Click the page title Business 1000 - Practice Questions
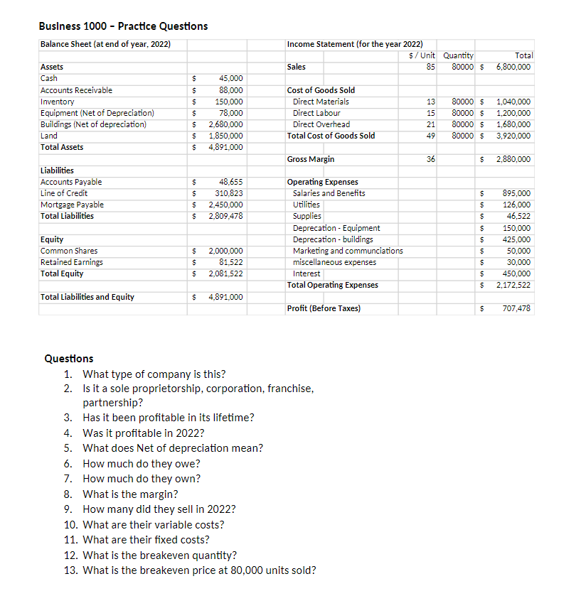point(124,26)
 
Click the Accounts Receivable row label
point(76,90)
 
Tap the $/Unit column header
point(424,55)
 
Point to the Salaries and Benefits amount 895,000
point(516,193)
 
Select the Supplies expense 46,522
point(518,216)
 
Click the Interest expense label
point(307,273)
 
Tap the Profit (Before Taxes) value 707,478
point(516,308)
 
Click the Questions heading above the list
point(69,359)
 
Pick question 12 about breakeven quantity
point(160,555)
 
